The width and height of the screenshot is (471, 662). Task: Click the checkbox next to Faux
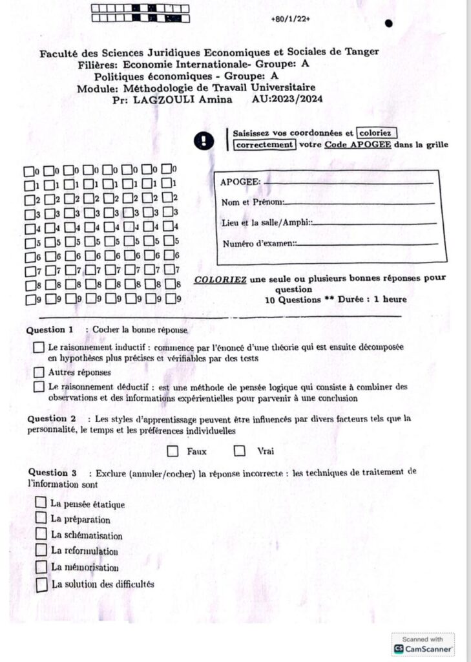tap(173, 451)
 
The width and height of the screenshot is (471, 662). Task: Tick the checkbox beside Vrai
tap(240, 451)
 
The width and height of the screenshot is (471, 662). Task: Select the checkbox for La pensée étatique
tap(41, 502)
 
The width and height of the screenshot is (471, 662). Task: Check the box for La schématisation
tap(41, 534)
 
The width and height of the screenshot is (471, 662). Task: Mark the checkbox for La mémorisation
tap(41, 566)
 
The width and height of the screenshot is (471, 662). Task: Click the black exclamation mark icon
tap(205, 140)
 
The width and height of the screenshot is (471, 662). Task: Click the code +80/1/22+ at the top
tap(291, 19)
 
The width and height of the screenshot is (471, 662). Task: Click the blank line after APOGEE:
tap(349, 183)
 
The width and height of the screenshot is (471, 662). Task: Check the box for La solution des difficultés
tap(42, 585)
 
